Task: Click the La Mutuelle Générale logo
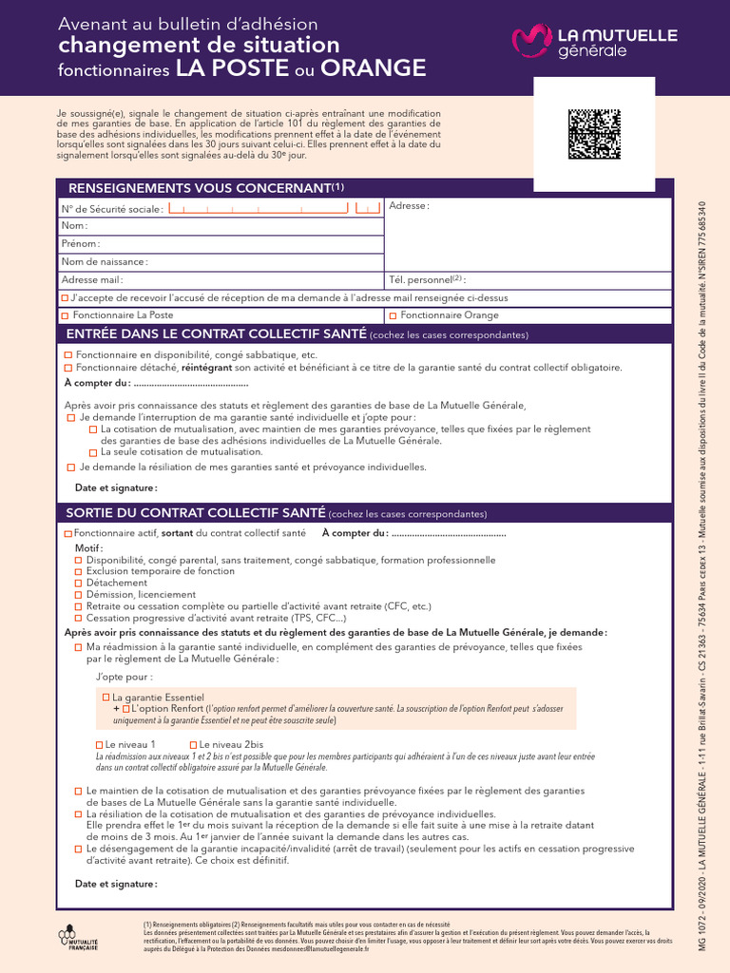(594, 41)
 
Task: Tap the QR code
(594, 134)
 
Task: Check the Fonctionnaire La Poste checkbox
(66, 315)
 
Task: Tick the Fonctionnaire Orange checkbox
(393, 315)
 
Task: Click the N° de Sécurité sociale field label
(111, 209)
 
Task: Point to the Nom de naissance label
(105, 261)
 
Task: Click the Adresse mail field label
(92, 280)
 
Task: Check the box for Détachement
(79, 583)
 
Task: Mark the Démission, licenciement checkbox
(79, 595)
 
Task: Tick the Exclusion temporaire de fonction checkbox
(79, 572)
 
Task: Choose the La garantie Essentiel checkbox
(106, 697)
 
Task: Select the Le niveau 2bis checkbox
(193, 744)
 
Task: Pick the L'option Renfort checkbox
(125, 709)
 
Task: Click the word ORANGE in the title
(373, 69)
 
